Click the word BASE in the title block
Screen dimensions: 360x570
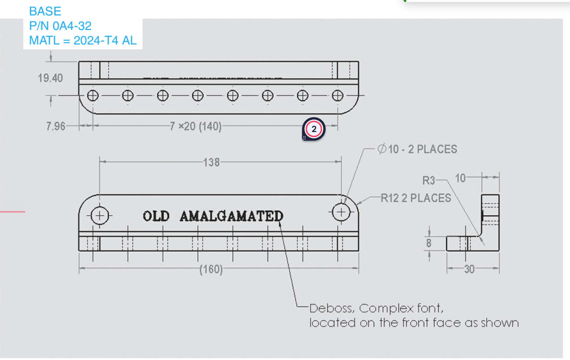click(45, 11)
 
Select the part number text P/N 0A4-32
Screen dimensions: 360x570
click(60, 26)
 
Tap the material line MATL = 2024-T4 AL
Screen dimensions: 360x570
click(82, 40)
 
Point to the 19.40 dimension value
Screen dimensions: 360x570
click(50, 78)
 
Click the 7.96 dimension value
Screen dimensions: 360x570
click(55, 126)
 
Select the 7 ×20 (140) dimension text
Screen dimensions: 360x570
click(195, 126)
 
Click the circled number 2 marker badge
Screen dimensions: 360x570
click(313, 129)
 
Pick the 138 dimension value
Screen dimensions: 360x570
click(211, 162)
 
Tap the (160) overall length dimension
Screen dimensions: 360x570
click(211, 269)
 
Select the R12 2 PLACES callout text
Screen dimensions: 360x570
click(416, 198)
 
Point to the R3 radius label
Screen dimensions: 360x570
click(428, 180)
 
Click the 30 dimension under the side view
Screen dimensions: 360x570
click(469, 269)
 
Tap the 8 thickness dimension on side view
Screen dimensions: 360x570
click(429, 243)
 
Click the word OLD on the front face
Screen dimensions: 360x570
click(156, 216)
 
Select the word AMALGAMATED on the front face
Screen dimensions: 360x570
click(231, 216)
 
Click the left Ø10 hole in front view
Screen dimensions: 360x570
click(100, 215)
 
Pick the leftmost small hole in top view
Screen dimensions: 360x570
click(93, 96)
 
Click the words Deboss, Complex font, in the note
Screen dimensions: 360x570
click(376, 308)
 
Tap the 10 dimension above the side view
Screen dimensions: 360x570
click(460, 178)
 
